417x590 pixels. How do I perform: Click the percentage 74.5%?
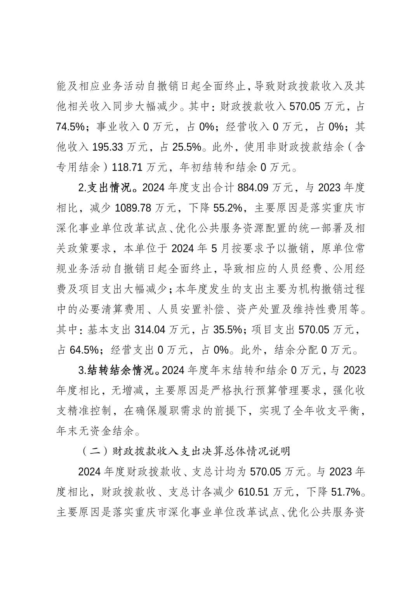(70, 127)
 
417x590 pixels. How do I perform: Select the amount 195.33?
(108, 147)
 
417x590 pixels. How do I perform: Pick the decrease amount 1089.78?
(133, 208)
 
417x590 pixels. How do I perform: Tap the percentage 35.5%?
(228, 330)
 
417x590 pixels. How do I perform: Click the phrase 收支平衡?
(344, 411)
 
